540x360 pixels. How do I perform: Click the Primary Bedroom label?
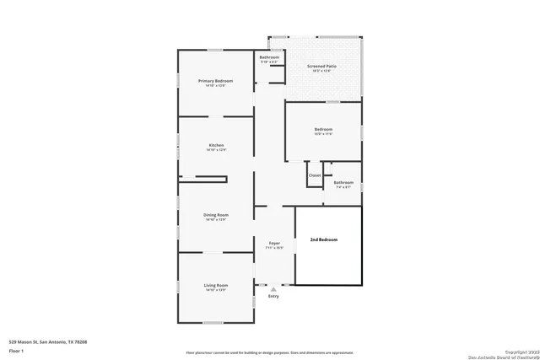215,81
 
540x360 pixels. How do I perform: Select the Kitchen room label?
216,146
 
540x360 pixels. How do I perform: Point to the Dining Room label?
216,215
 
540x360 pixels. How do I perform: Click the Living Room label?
216,286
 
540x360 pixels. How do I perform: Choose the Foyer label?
273,243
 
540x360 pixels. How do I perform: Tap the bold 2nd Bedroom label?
323,240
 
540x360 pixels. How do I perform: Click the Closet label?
314,175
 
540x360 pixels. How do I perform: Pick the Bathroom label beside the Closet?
343,182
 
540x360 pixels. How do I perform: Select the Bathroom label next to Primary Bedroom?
269,57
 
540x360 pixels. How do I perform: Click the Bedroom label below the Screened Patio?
323,129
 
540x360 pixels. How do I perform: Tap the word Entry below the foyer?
273,297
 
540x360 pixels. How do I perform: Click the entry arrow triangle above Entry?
273,289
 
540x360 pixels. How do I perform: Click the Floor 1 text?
16,350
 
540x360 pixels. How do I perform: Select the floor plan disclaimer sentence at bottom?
270,353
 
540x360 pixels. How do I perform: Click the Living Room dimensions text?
216,291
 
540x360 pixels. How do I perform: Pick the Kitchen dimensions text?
216,150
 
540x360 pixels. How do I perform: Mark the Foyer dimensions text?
273,247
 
